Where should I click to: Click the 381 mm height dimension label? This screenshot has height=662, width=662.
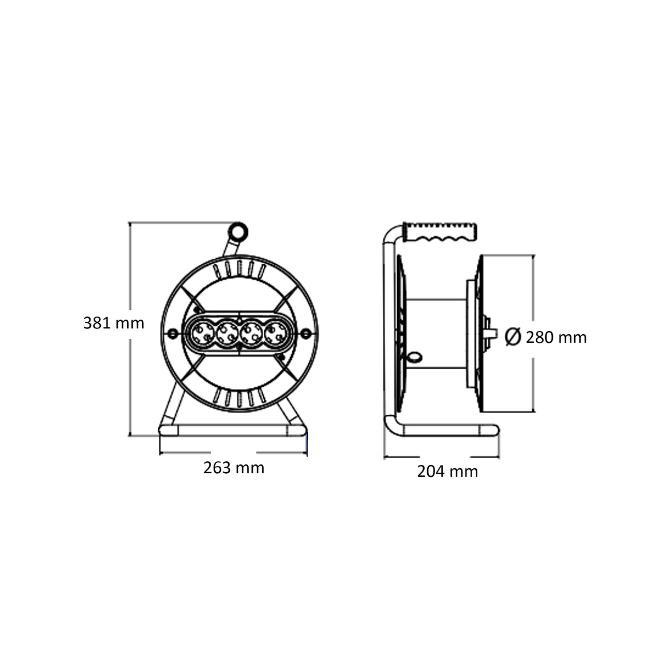point(114,323)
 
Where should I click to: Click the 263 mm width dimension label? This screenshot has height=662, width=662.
point(234,468)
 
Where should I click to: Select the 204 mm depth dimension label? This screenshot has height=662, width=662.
point(447,471)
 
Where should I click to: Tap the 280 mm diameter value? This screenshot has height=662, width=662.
point(556,338)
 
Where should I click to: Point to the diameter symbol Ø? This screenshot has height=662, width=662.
point(512,337)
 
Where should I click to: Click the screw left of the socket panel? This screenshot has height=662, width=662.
point(171,334)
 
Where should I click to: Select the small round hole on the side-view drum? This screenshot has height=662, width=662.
point(415,357)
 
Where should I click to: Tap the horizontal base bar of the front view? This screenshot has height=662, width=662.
point(233,431)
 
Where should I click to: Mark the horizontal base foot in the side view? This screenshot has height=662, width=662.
point(445,431)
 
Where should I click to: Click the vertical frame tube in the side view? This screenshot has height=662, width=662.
point(388,331)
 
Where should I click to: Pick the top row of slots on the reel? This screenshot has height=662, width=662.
point(239,269)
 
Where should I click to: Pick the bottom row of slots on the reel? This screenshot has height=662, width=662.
point(239,397)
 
